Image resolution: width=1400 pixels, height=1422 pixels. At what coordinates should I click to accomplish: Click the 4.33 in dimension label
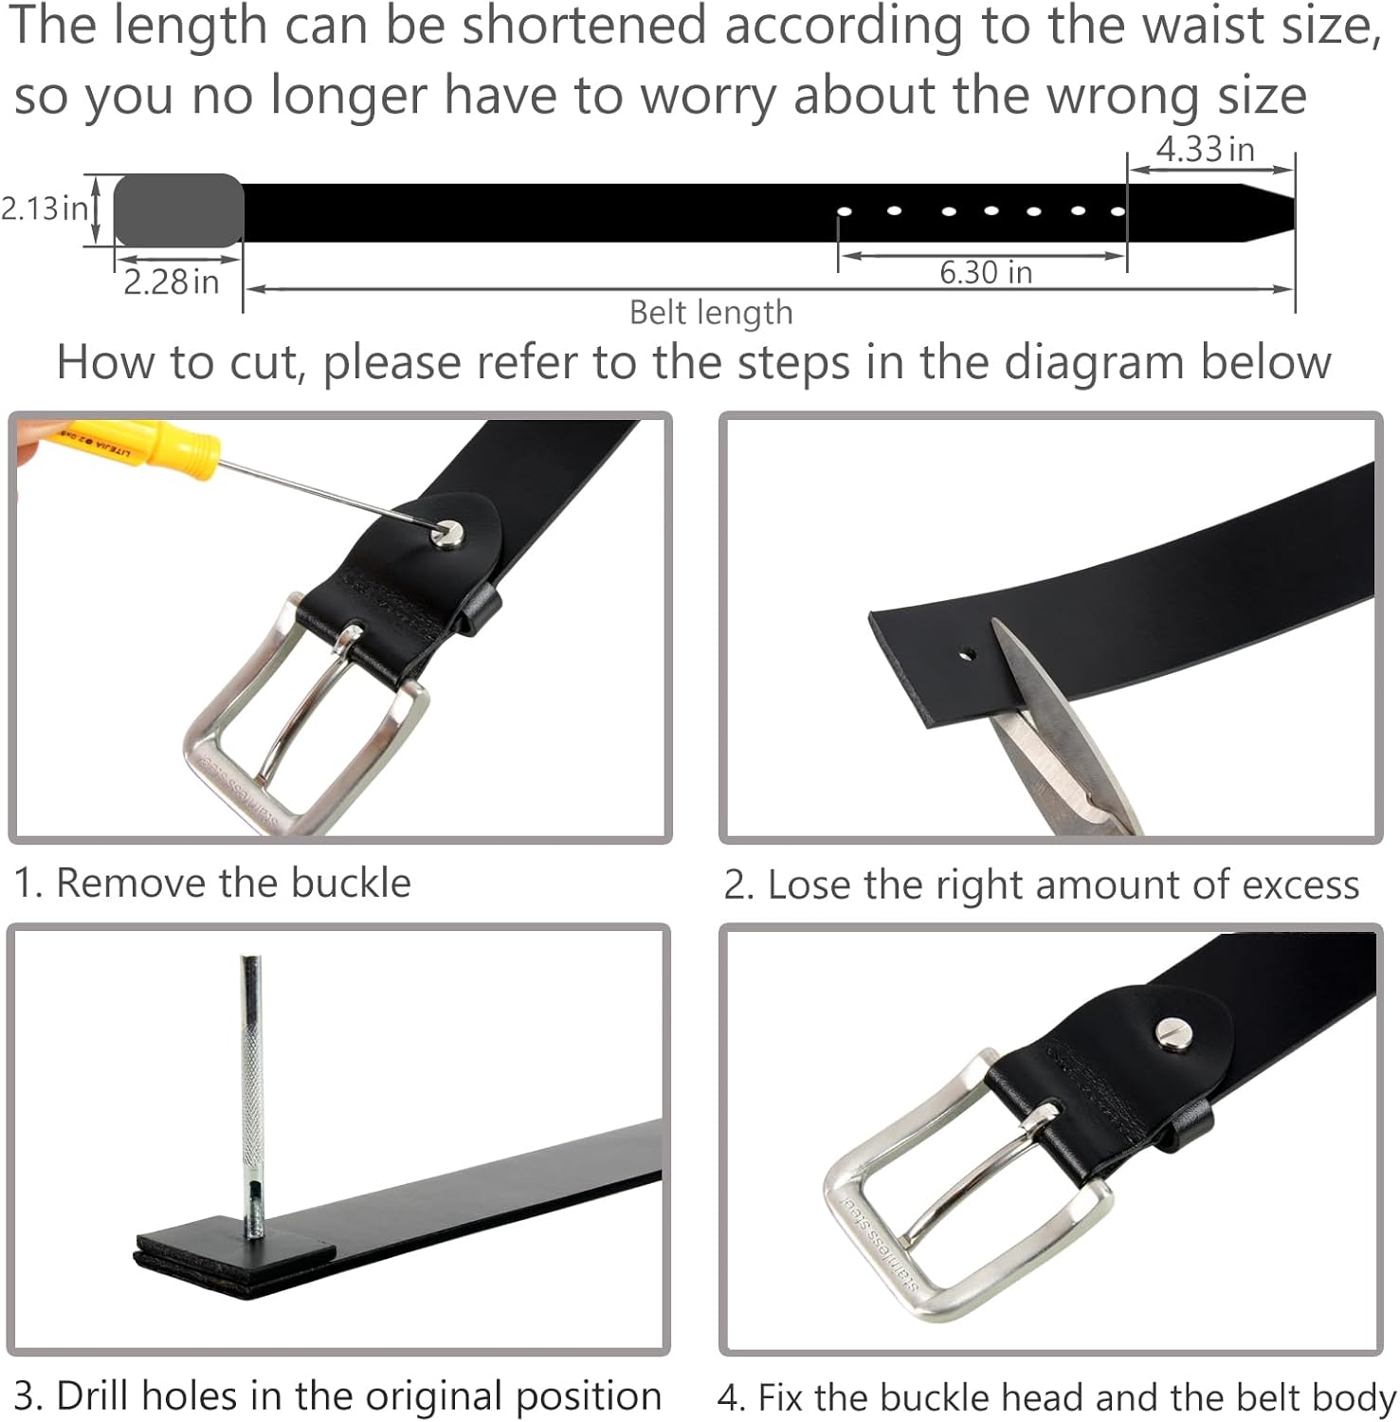point(1205,150)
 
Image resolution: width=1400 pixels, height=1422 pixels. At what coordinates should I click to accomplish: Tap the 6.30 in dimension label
point(986,273)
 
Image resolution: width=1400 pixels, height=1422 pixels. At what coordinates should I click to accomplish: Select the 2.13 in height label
point(45,208)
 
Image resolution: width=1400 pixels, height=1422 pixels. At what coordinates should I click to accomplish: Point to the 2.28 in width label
point(172,282)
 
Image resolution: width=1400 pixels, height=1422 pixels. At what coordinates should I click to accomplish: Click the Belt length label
point(711,313)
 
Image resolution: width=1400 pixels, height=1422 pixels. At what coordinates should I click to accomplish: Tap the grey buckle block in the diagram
point(179,210)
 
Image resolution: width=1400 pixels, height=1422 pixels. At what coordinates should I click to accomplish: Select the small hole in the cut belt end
point(966,653)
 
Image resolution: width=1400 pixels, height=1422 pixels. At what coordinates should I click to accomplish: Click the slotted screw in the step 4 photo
point(1175,1032)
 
